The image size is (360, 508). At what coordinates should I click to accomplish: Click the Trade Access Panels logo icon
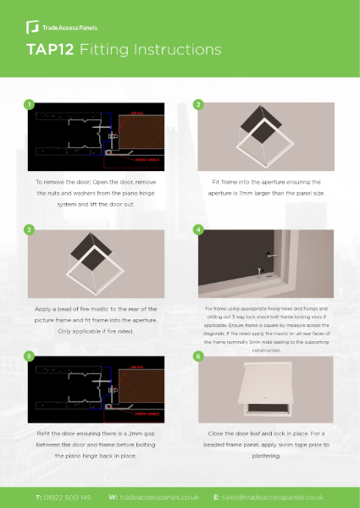(32, 19)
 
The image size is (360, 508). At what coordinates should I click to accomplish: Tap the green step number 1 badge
(30, 105)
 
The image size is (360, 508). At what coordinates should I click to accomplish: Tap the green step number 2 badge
(198, 105)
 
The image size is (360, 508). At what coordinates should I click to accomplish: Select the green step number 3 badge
(30, 230)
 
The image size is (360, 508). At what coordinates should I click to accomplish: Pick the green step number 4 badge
(198, 230)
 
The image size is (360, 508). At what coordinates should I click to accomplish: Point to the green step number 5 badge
(30, 356)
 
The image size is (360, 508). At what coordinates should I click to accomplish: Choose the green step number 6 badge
(198, 356)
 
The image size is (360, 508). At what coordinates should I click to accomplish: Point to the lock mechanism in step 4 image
(266, 255)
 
